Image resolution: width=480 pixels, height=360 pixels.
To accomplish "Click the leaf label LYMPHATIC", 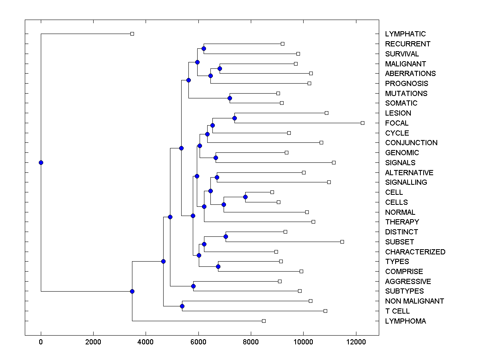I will [405, 34].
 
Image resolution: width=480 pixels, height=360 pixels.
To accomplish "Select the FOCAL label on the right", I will [397, 123].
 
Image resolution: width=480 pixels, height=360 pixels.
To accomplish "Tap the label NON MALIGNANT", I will [414, 301].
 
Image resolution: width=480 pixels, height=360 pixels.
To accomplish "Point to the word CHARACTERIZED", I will [415, 252].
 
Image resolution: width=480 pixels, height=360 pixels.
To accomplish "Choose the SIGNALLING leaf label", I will [406, 182].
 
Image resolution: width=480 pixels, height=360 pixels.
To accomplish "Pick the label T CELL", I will [397, 311].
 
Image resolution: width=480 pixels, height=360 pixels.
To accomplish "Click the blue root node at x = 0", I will [41, 162].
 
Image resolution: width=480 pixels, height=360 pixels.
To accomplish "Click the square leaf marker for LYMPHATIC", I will [132, 34].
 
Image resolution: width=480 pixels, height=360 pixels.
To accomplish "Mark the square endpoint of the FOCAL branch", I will [362, 123].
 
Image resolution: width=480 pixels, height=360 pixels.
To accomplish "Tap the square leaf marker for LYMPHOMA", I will [264, 321].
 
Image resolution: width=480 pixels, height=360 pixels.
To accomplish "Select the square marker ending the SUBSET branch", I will [342, 242].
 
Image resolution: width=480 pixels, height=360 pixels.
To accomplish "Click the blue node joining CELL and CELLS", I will [245, 197].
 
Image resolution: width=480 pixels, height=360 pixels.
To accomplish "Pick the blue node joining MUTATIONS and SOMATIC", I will [230, 98].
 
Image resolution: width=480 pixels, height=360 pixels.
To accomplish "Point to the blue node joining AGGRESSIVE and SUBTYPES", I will [193, 286].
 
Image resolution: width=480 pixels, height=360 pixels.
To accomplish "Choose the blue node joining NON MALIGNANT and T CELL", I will [182, 306].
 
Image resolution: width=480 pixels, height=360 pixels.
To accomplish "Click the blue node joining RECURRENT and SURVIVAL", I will [204, 48].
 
